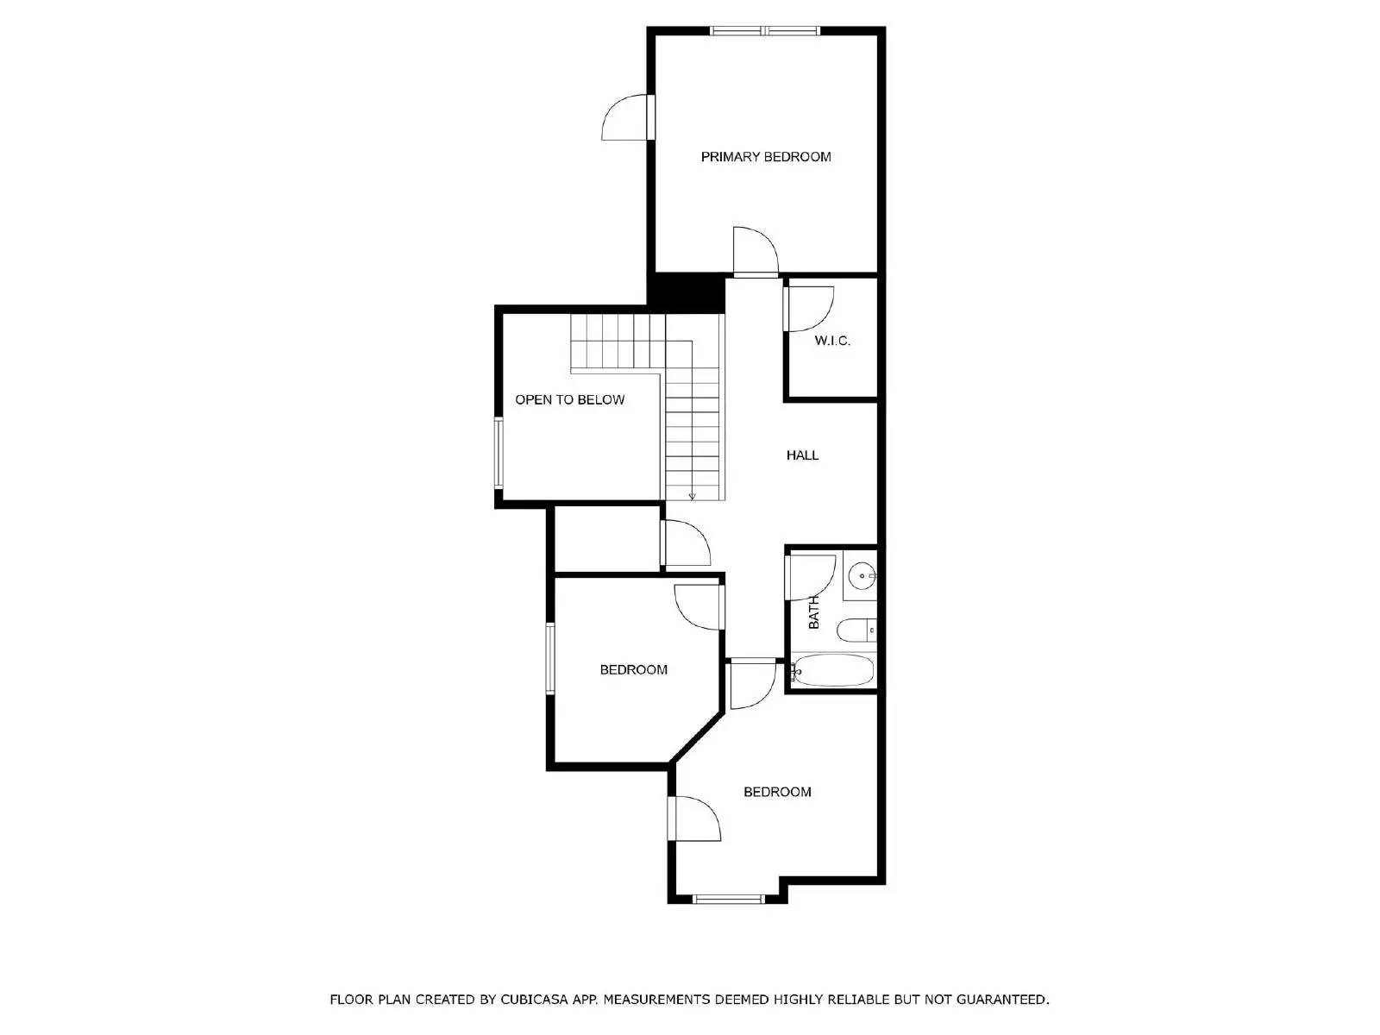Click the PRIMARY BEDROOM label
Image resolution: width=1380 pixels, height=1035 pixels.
[765, 157]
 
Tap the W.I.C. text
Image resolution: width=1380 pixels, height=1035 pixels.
[832, 341]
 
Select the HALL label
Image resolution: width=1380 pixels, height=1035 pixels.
[802, 455]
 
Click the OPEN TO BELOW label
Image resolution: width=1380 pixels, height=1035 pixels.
[569, 400]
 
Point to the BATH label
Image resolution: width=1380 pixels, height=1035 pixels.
[813, 612]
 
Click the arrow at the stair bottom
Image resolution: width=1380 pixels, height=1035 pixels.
[692, 495]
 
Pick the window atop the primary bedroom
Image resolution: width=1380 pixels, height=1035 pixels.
[765, 31]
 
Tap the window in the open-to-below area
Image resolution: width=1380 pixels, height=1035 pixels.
[499, 452]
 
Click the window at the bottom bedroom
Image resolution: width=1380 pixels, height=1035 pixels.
[729, 899]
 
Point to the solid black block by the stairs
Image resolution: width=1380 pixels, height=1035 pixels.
[686, 292]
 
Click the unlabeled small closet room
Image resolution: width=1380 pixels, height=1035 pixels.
[606, 538]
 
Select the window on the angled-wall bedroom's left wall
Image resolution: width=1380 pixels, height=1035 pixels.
[549, 658]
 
